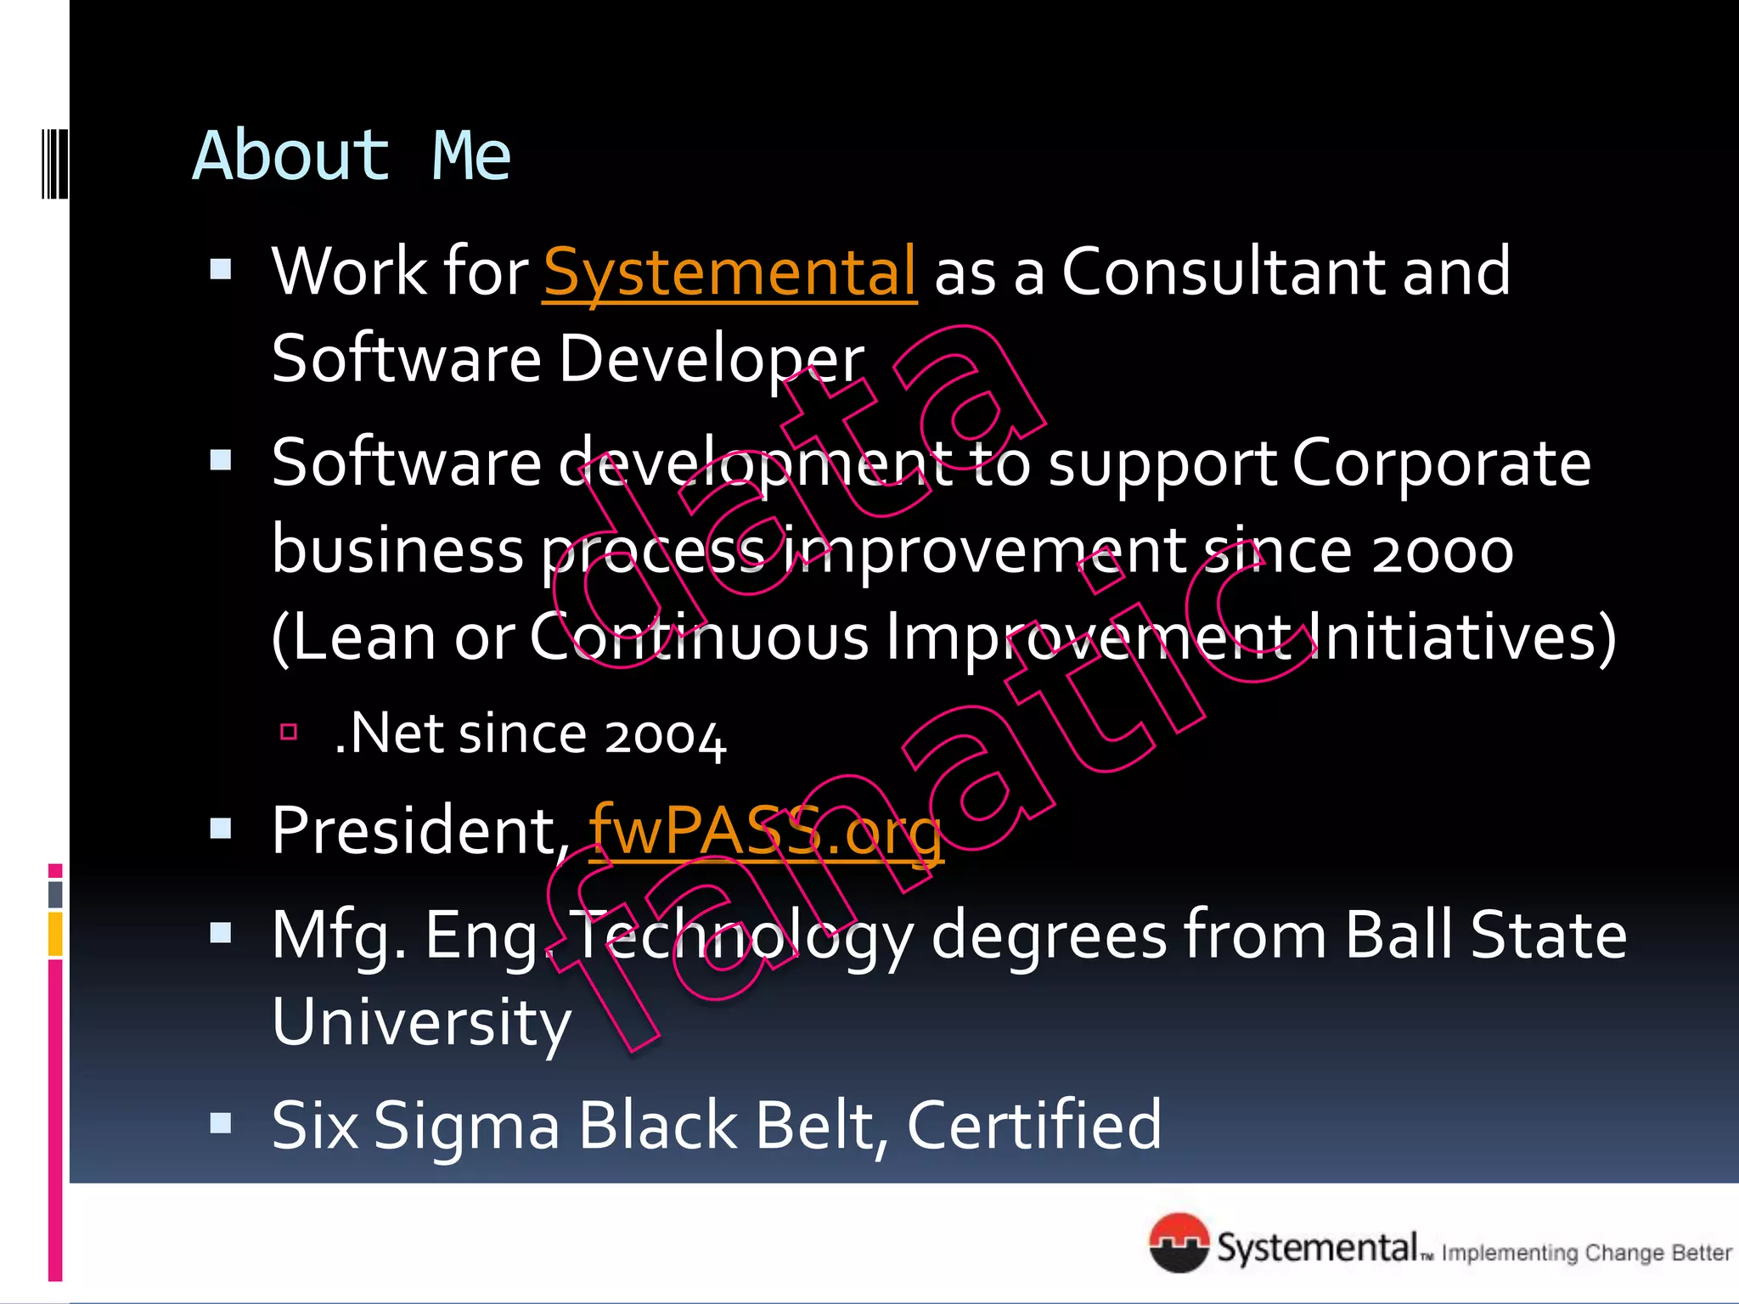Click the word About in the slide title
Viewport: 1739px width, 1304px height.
pyautogui.click(x=290, y=156)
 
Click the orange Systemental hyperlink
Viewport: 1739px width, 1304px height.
pyautogui.click(x=729, y=273)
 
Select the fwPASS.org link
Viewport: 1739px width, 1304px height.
pyautogui.click(x=765, y=831)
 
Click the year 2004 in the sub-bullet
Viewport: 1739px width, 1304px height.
pyautogui.click(x=665, y=735)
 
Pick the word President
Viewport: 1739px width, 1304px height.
pyautogui.click(x=414, y=831)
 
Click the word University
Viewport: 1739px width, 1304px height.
pyautogui.click(x=421, y=1023)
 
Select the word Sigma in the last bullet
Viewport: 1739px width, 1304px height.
pyautogui.click(x=466, y=1127)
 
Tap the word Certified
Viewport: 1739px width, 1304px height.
pyautogui.click(x=1033, y=1127)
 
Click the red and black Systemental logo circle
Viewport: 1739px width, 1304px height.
pyautogui.click(x=1179, y=1244)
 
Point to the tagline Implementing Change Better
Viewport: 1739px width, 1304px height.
pyautogui.click(x=1586, y=1253)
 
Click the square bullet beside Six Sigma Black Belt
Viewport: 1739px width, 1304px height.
pyautogui.click(x=221, y=1124)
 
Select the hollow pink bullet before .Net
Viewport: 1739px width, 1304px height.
pyautogui.click(x=289, y=732)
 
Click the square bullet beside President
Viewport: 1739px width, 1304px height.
pyautogui.click(x=221, y=829)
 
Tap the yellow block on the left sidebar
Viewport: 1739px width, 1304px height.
pyautogui.click(x=55, y=934)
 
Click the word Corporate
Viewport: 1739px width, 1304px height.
pyautogui.click(x=1441, y=464)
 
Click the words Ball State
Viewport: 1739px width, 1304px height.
pyautogui.click(x=1486, y=936)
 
